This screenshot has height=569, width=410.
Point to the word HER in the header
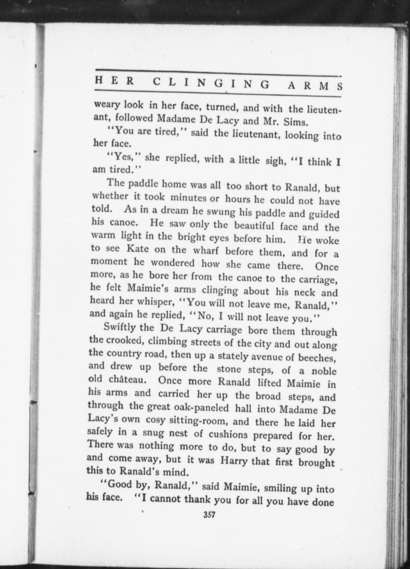114,81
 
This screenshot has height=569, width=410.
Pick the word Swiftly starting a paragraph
120,327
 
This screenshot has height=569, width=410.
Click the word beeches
317,358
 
